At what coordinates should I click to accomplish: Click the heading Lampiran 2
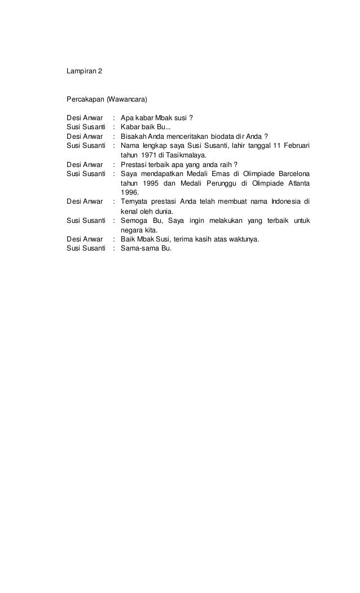click(x=85, y=73)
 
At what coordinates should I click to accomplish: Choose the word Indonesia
click(x=287, y=201)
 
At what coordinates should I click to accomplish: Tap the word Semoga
click(x=135, y=219)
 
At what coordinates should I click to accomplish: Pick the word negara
click(x=131, y=229)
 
